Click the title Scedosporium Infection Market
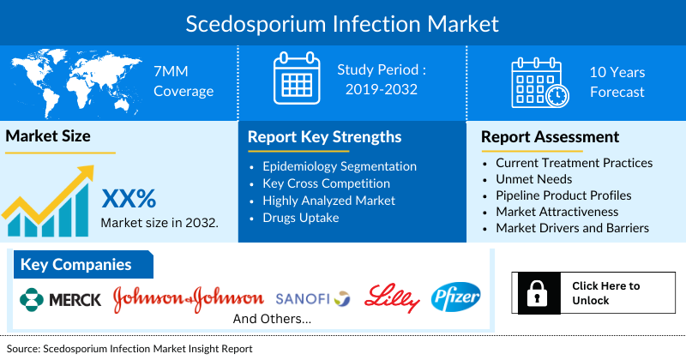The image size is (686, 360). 342,21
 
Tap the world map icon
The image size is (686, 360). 69,81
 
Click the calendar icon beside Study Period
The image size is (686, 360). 296,78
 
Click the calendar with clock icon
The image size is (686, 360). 539,83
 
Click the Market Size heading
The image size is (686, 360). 48,136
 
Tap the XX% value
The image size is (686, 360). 129,199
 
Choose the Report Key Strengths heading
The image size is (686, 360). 324,137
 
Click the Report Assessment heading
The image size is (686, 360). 550,137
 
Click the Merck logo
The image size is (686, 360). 59,298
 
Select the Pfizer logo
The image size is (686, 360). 456,297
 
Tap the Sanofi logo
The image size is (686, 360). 312,298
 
